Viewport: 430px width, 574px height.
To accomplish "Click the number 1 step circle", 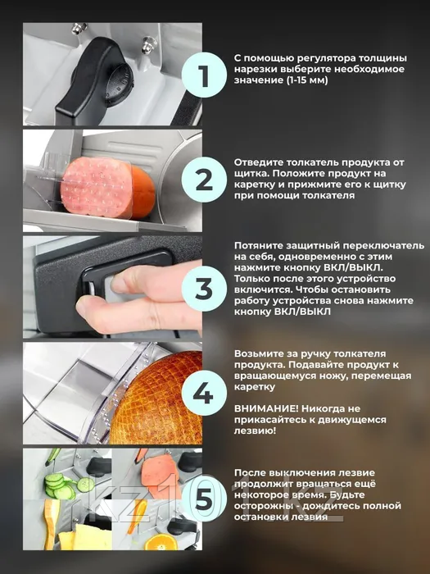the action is [205, 75].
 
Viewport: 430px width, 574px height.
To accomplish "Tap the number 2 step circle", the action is [205, 180].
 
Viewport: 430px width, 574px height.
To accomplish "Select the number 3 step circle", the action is [205, 289].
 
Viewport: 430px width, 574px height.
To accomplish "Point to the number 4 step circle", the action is [205, 393].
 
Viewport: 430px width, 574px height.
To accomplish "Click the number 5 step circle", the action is [205, 499].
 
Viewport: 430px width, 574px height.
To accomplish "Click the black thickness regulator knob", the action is [96, 78].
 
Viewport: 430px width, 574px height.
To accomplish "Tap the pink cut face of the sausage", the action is [96, 188].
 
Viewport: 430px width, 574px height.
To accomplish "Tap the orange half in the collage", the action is [158, 542].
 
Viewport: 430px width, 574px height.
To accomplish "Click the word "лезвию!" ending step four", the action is [256, 430].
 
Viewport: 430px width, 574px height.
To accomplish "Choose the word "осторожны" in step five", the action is [263, 506].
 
